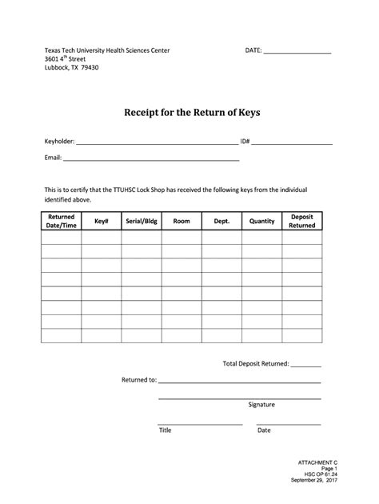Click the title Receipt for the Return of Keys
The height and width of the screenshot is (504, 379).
point(191,112)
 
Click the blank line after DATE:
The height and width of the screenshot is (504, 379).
point(297,52)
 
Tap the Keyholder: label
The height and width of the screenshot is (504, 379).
point(59,142)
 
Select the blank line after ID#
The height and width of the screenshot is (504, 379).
point(293,144)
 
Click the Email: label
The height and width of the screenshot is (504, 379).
point(53,158)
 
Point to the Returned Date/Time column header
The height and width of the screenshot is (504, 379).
point(62,221)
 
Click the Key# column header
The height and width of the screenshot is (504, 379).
point(102,221)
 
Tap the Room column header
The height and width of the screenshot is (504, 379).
point(182,221)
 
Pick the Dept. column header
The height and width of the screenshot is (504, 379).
point(221,221)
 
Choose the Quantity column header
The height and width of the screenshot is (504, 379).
point(262,221)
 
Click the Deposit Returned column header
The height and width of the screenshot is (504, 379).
point(302,221)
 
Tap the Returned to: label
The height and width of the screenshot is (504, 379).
point(138,380)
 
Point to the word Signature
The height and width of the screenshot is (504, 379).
point(261,405)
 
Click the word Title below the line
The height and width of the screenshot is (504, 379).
point(165,430)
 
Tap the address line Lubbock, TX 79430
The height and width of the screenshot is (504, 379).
point(72,67)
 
